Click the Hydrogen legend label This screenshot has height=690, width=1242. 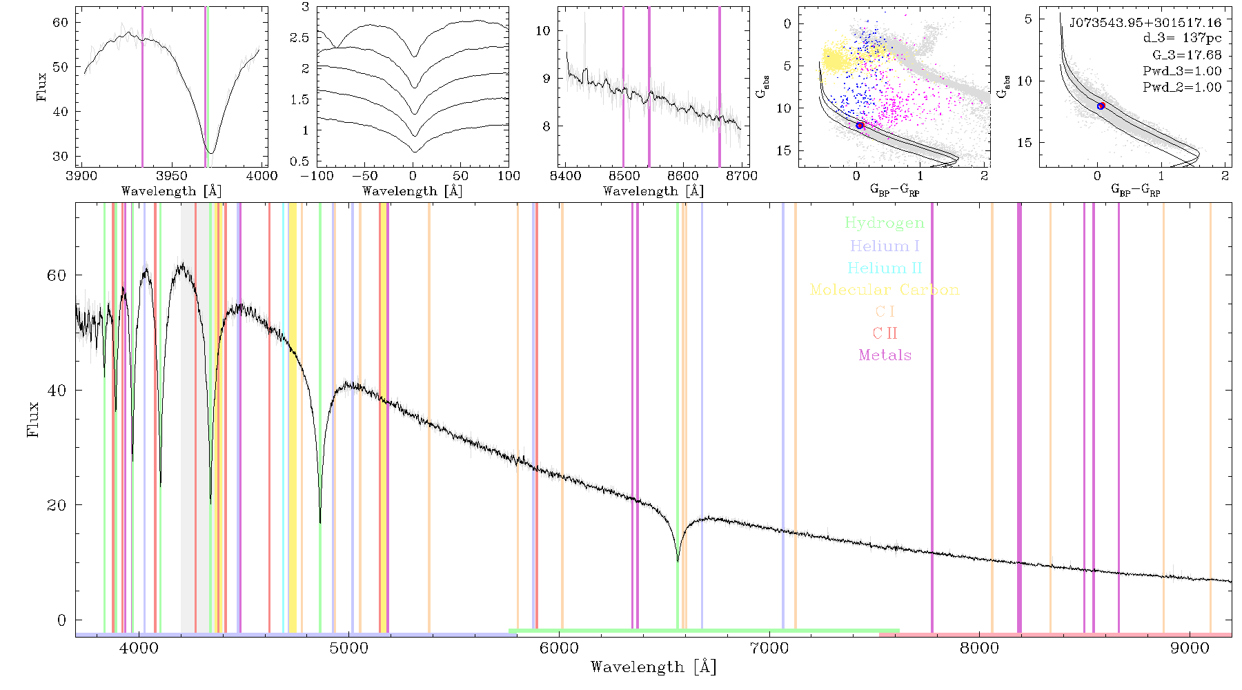pos(884,223)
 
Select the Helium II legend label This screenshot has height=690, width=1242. pos(885,268)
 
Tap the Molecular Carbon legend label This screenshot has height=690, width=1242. pos(885,290)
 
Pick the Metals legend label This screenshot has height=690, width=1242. pos(885,355)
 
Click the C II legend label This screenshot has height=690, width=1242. pos(885,333)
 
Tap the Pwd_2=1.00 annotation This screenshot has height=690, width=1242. pos(1182,88)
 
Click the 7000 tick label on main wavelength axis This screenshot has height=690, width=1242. pos(769,649)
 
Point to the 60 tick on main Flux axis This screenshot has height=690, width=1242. pos(57,275)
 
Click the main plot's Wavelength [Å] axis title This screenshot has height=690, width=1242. pos(653,667)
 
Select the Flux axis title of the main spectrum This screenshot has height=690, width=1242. pos(32,418)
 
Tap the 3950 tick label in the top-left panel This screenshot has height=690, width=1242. pos(172,176)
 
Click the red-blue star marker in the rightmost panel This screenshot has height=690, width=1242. pos(1101,106)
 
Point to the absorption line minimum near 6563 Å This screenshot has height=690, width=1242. pos(678,561)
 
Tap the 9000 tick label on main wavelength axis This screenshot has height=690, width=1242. pos(1190,649)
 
